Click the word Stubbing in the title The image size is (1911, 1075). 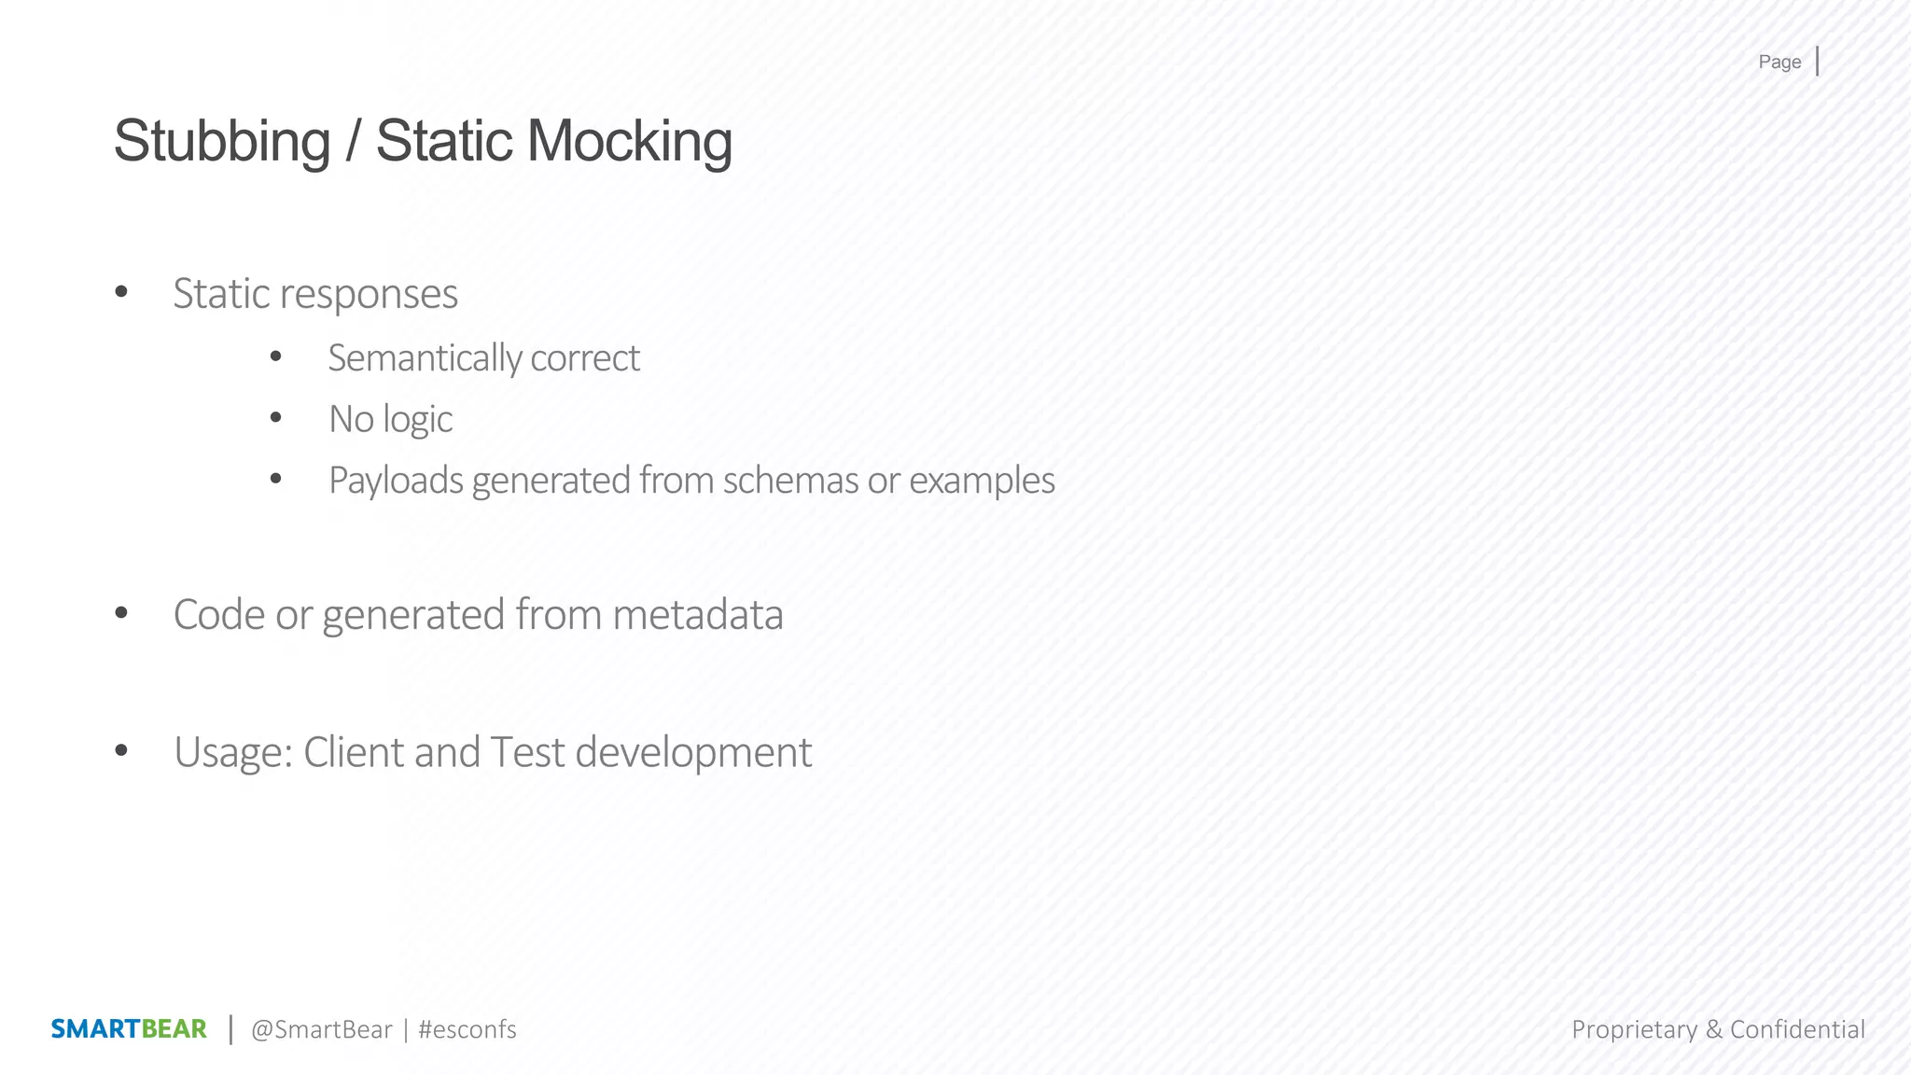[222, 142]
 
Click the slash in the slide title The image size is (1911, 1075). [353, 142]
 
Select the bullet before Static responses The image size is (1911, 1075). [121, 292]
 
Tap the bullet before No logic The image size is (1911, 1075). [275, 418]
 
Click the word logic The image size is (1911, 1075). [417, 420]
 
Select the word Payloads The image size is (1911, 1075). [396, 481]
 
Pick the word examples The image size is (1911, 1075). [982, 481]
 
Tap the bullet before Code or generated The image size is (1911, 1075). [121, 613]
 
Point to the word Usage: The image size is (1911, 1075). [233, 753]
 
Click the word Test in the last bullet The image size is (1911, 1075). [527, 752]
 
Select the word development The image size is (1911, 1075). [693, 753]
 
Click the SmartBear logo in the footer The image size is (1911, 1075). [129, 1029]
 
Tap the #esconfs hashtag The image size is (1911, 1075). [467, 1029]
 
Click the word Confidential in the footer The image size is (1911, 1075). [1797, 1029]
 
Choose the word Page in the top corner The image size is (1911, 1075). [1779, 63]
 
